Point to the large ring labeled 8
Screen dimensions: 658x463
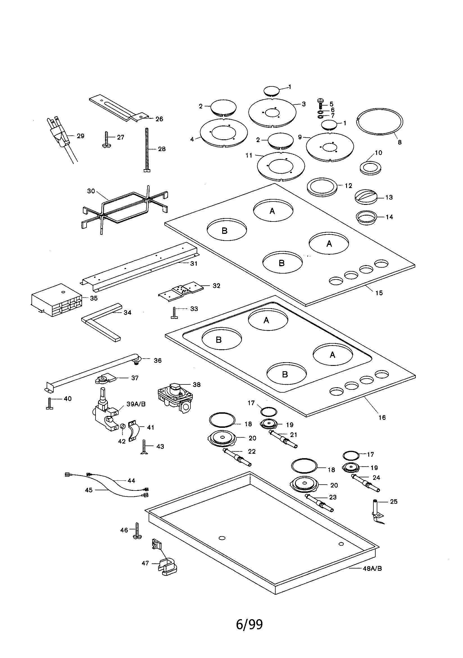[x=380, y=122]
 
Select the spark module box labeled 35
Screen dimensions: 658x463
[x=56, y=301]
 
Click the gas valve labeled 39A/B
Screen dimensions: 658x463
[x=105, y=413]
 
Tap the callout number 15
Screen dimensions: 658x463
[x=379, y=293]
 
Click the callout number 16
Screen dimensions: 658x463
[x=382, y=418]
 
